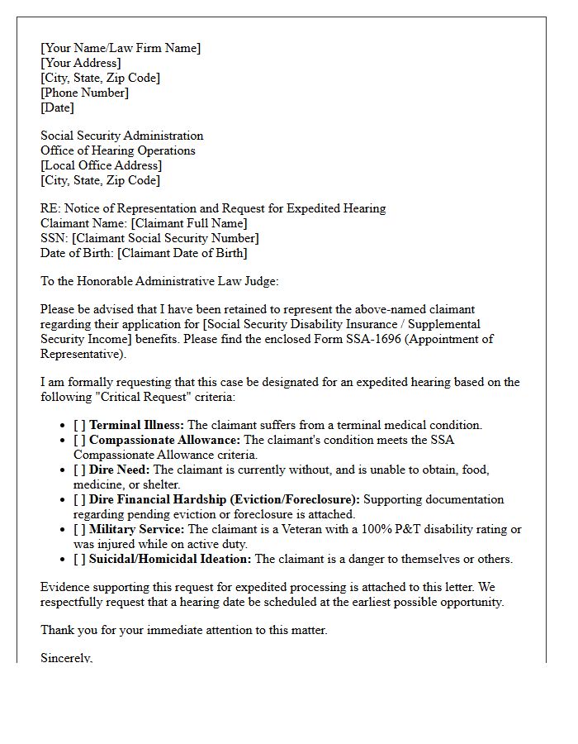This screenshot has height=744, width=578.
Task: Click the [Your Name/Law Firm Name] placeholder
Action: [x=121, y=48]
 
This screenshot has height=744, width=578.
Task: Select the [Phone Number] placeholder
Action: [x=84, y=93]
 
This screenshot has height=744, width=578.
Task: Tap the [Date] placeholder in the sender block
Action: [x=57, y=107]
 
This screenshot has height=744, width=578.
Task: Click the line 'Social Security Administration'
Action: [x=121, y=136]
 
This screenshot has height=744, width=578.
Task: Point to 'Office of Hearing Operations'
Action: [x=118, y=150]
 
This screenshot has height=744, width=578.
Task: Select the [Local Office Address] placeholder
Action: [x=101, y=165]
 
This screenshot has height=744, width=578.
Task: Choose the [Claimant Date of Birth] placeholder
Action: [x=182, y=253]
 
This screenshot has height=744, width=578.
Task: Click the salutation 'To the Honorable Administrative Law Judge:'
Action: [x=159, y=281]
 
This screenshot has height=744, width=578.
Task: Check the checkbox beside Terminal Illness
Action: [x=79, y=425]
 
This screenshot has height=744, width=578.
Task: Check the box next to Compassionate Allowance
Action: [x=79, y=440]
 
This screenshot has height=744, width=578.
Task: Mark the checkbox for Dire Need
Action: [x=79, y=470]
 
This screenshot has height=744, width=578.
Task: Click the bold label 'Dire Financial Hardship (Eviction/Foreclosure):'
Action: [x=225, y=499]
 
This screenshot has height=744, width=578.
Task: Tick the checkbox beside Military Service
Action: [x=79, y=529]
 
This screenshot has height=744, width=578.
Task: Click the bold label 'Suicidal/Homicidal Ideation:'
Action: [x=170, y=559]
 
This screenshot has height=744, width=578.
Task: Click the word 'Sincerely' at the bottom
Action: [x=66, y=658]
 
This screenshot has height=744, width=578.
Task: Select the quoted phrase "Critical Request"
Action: [x=141, y=397]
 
